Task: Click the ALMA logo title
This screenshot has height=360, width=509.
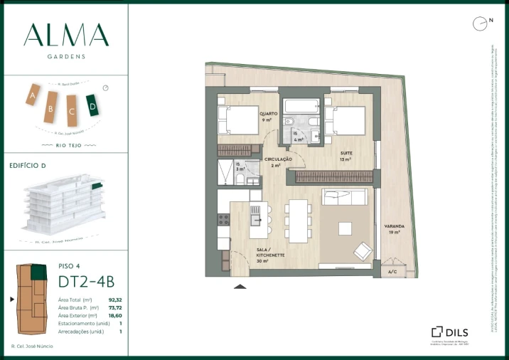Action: click(65, 35)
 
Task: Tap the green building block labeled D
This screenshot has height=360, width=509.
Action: click(91, 105)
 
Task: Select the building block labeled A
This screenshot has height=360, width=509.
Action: click(32, 95)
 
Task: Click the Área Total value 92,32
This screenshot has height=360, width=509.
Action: click(115, 300)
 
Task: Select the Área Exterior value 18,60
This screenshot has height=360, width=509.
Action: click(115, 315)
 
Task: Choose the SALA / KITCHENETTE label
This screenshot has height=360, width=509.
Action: click(270, 253)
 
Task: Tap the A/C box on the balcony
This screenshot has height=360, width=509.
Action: click(392, 271)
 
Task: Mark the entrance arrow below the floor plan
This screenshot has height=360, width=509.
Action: click(240, 286)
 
